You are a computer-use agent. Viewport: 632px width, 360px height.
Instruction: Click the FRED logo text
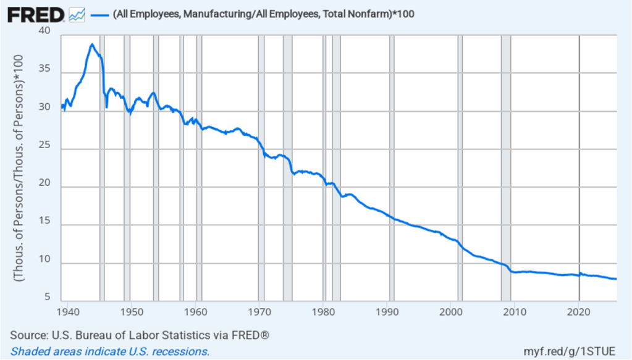tap(36, 14)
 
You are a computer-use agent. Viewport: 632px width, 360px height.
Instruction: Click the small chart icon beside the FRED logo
tap(77, 14)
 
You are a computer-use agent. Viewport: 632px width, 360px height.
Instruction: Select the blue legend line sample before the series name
tap(99, 14)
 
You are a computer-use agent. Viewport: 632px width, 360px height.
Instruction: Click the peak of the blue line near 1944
tap(91, 44)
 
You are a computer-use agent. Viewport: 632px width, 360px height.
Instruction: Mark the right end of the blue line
tap(615, 279)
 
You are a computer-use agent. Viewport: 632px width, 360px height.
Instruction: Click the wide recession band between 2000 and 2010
tap(505, 167)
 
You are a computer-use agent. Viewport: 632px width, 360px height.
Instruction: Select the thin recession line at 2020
tap(579, 167)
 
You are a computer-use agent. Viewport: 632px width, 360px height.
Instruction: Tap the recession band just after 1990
tap(392, 167)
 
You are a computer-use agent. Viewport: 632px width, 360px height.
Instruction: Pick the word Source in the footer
tap(27, 335)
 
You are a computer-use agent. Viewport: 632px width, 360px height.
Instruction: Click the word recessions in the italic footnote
tap(182, 351)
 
